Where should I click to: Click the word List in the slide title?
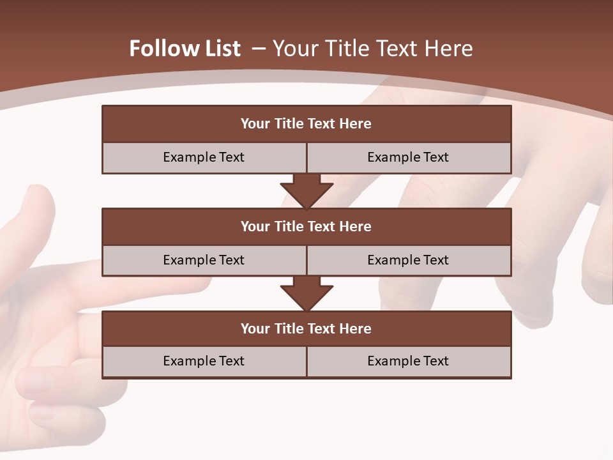click(218, 49)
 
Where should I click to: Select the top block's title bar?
click(306, 124)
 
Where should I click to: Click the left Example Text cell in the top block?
click(204, 157)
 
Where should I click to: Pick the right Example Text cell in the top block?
click(408, 157)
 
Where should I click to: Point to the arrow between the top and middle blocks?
click(306, 190)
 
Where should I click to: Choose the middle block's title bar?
click(306, 226)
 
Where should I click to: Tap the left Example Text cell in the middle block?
click(204, 260)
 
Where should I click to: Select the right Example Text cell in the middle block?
click(408, 260)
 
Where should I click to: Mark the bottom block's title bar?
click(306, 328)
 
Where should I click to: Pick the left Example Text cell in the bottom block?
click(204, 361)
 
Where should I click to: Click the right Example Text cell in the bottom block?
click(408, 361)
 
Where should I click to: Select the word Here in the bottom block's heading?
click(356, 328)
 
